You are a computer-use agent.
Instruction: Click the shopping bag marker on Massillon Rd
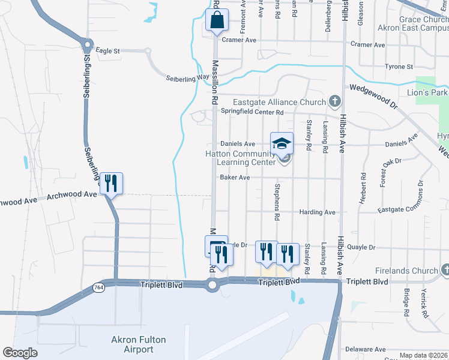[x=217, y=20]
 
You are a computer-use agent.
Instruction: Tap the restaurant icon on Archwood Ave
[x=110, y=183]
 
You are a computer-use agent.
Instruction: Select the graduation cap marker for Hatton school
[x=282, y=143]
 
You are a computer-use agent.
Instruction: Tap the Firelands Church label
[x=407, y=271]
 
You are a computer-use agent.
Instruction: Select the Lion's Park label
[x=429, y=93]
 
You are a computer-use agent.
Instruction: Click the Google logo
[x=20, y=353]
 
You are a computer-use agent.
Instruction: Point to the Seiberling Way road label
[x=187, y=78]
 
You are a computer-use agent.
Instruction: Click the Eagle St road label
[x=108, y=52]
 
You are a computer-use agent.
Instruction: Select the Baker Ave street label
[x=235, y=178]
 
